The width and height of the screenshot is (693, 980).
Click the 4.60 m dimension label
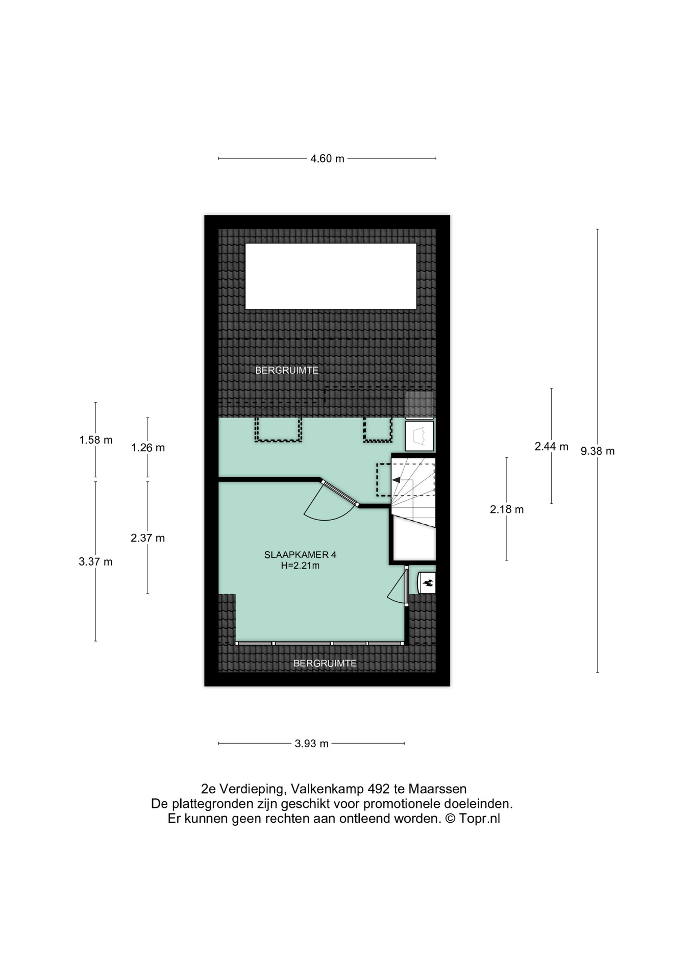coord(327,159)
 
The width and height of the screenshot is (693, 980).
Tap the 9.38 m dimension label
coord(598,451)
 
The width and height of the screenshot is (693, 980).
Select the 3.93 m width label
coord(311,744)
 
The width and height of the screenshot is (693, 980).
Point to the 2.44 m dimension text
coord(551,447)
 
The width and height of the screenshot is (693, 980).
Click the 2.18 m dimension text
coord(507,509)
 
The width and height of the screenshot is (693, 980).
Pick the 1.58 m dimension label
coord(96,440)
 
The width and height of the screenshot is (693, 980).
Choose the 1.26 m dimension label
coord(148,448)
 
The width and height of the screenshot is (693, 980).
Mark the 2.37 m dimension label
coord(148,538)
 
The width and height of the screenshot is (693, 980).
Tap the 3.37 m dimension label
coord(95,562)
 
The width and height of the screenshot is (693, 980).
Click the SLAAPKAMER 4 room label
coord(300,555)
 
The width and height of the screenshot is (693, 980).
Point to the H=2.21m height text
coord(300,566)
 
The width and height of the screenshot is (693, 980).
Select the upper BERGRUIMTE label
coord(287,371)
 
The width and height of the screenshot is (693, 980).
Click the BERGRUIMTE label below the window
coord(325,664)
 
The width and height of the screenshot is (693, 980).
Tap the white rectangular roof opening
coord(331,276)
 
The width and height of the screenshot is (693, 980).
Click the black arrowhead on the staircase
coord(396,480)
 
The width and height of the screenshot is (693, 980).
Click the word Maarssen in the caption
coord(438,789)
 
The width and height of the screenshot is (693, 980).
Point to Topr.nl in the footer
coord(479,819)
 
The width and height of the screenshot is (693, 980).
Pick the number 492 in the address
coord(379,789)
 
